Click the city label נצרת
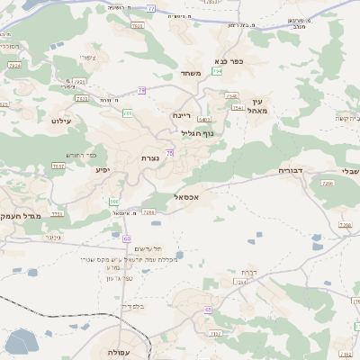(x=150, y=158)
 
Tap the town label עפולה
(x=119, y=351)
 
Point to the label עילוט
(x=60, y=120)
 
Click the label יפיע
(x=102, y=168)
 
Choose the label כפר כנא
(x=229, y=61)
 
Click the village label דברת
(x=249, y=272)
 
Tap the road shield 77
(x=150, y=8)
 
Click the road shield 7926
(x=80, y=83)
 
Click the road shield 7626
(x=138, y=26)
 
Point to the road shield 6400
(x=204, y=119)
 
